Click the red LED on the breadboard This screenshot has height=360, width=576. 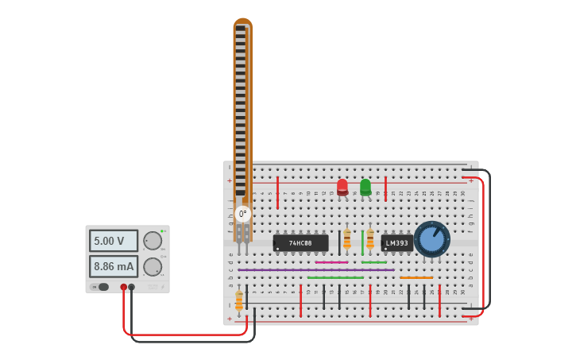pyautogui.click(x=342, y=187)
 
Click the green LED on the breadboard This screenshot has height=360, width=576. pyautogui.click(x=365, y=187)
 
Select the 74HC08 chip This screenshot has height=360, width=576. pyautogui.click(x=300, y=242)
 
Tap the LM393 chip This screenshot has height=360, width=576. pyautogui.click(x=396, y=242)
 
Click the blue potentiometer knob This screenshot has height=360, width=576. pyautogui.click(x=431, y=238)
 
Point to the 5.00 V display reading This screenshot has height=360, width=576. pyautogui.click(x=114, y=241)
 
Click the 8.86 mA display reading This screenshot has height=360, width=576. pyautogui.click(x=114, y=266)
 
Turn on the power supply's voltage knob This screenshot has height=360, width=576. pyautogui.click(x=153, y=241)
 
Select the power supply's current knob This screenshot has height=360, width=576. pyautogui.click(x=153, y=266)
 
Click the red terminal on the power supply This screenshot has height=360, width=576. pyautogui.click(x=123, y=287)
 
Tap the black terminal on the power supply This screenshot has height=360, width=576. pyautogui.click(x=132, y=287)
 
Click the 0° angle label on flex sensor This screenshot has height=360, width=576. pyautogui.click(x=243, y=214)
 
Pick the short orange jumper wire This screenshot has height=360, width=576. pyautogui.click(x=416, y=277)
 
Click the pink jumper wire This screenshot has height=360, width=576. pyautogui.click(x=331, y=262)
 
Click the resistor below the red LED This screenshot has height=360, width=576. pyautogui.click(x=346, y=238)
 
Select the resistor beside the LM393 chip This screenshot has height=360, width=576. pyautogui.click(x=369, y=238)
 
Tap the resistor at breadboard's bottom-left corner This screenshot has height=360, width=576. pyautogui.click(x=238, y=300)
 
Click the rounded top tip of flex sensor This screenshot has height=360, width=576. pyautogui.click(x=242, y=21)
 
